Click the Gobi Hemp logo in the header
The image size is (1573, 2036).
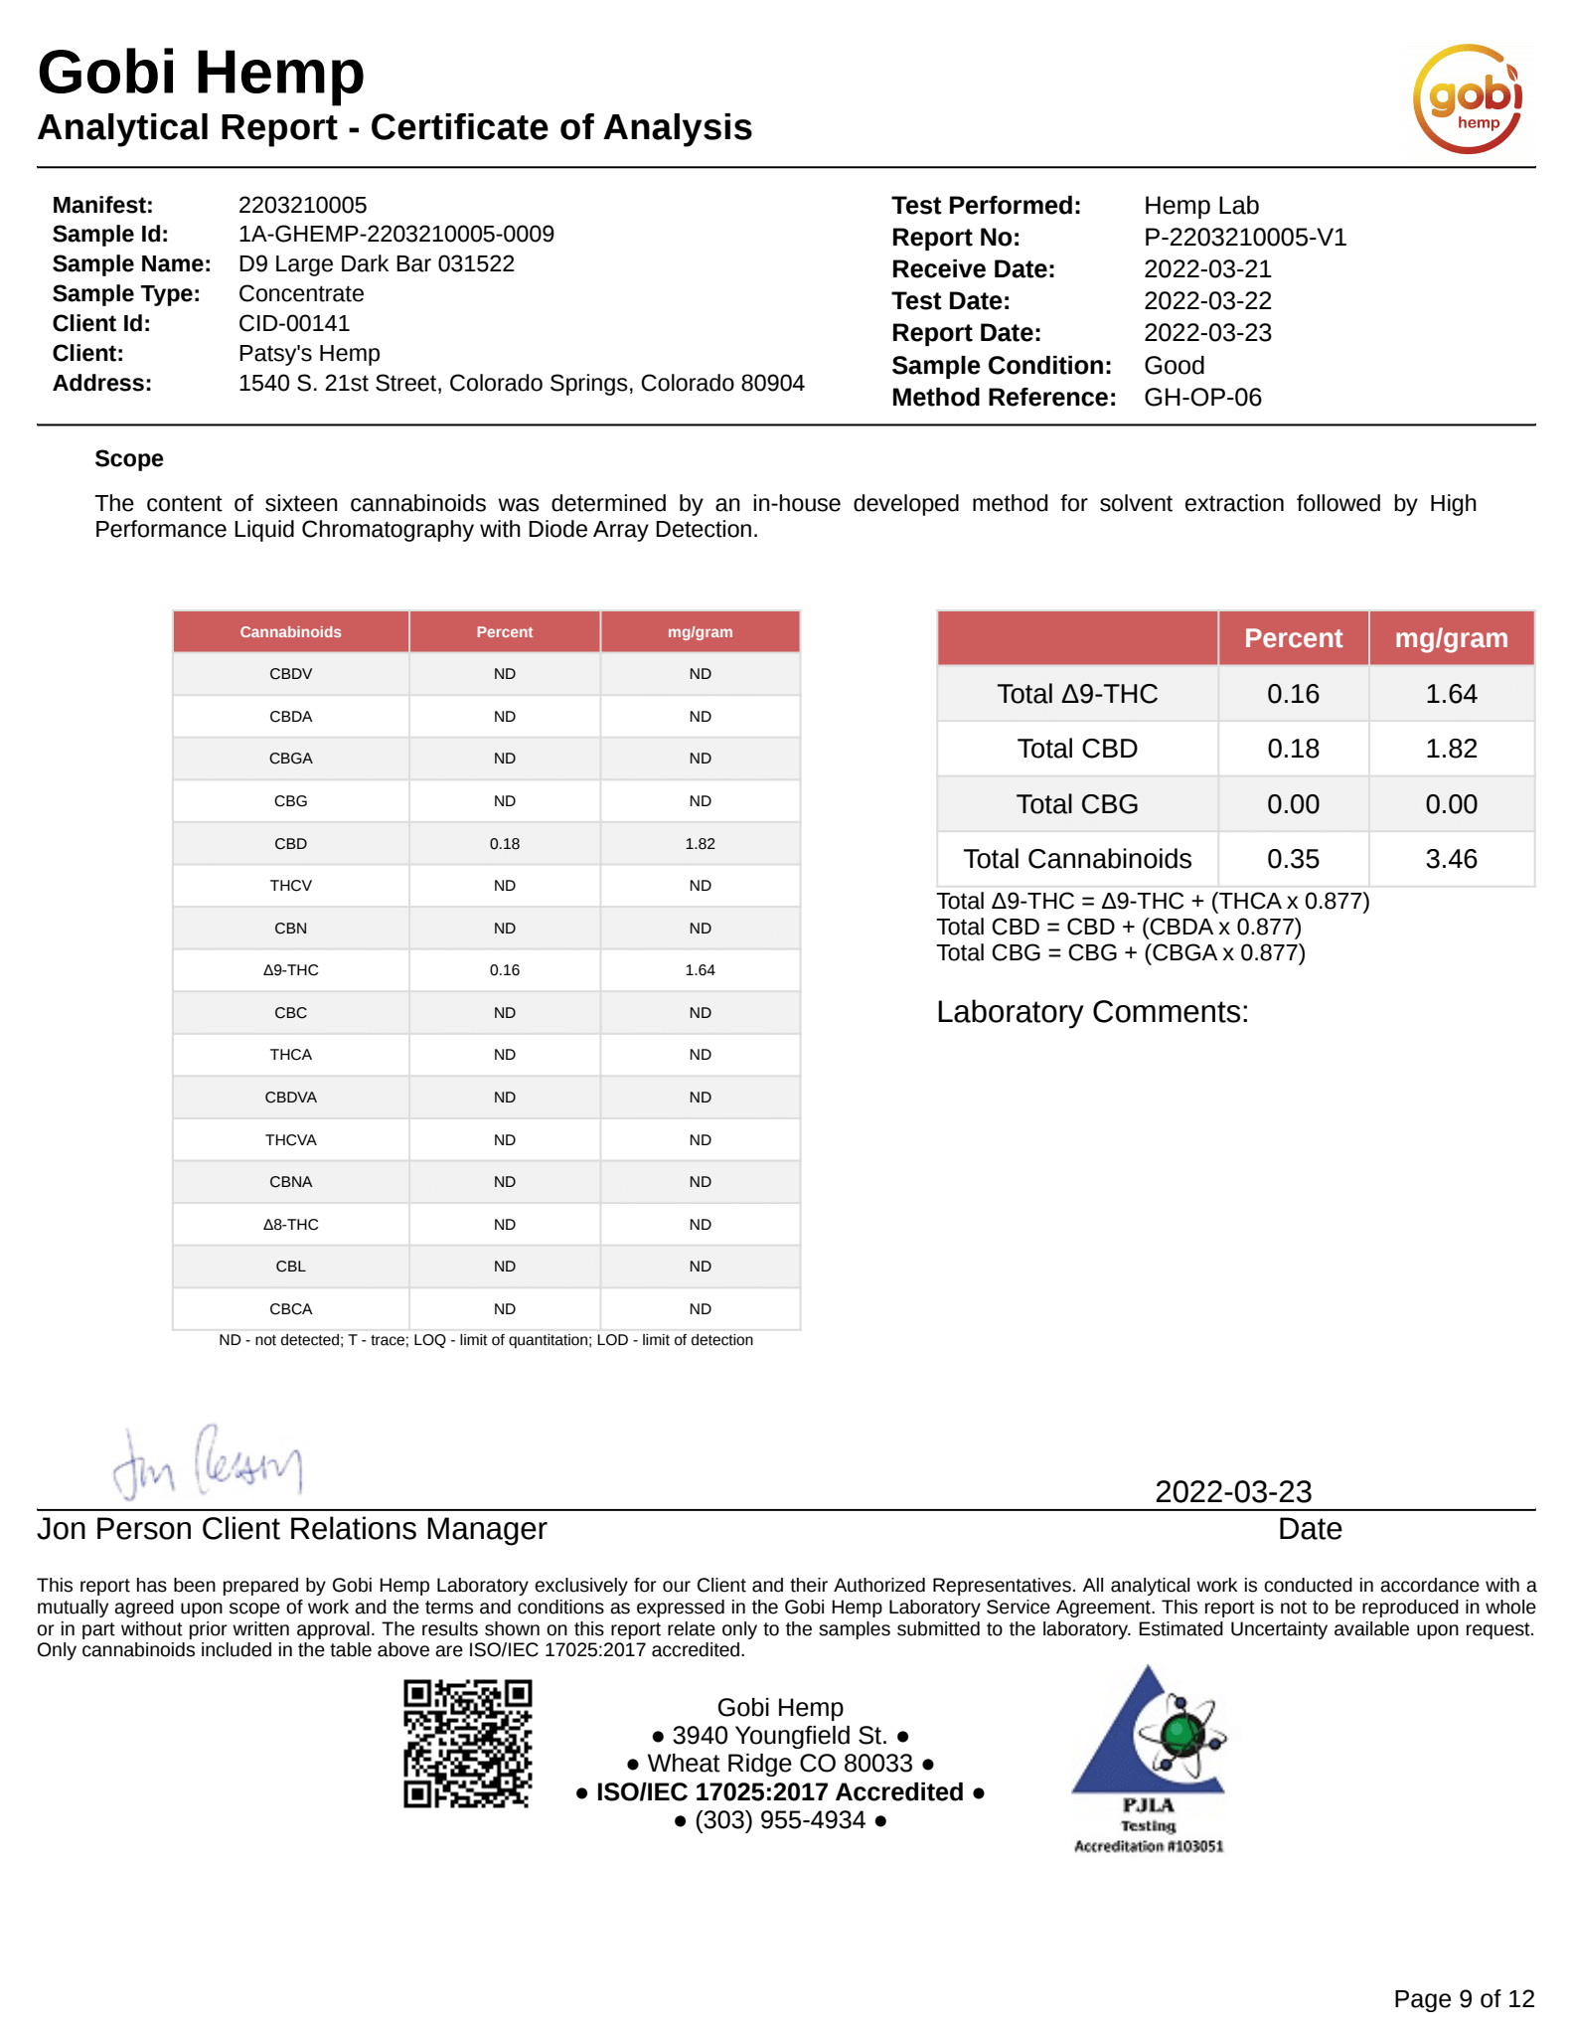pyautogui.click(x=1467, y=98)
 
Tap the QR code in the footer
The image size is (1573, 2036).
pyautogui.click(x=467, y=1744)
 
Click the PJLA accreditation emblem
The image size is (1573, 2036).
pyautogui.click(x=1149, y=1759)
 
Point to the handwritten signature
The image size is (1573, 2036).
pyautogui.click(x=207, y=1462)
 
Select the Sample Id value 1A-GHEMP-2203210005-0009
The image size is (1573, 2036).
pyautogui.click(x=395, y=235)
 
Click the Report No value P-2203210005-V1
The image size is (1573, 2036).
pyautogui.click(x=1244, y=238)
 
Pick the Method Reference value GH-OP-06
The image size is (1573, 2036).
pyautogui.click(x=1202, y=398)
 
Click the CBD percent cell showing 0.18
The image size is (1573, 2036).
pyautogui.click(x=504, y=844)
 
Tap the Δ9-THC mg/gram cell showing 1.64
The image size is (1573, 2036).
pyautogui.click(x=700, y=970)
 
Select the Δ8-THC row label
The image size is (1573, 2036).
pyautogui.click(x=290, y=1225)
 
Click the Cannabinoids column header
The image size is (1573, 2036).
pyautogui.click(x=290, y=632)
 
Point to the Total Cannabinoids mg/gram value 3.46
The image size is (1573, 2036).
pyautogui.click(x=1451, y=859)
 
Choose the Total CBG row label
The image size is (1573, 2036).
pyautogui.click(x=1076, y=804)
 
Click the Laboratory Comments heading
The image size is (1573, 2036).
pyautogui.click(x=1091, y=1012)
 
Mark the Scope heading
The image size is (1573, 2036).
pyautogui.click(x=129, y=459)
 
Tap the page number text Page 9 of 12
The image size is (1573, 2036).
pyautogui.click(x=1463, y=1999)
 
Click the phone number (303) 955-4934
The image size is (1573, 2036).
pyautogui.click(x=780, y=1820)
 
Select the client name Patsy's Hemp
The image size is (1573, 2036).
pyautogui.click(x=309, y=354)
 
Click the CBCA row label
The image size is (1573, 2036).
pyautogui.click(x=290, y=1309)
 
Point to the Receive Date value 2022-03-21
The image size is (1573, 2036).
pyautogui.click(x=1207, y=269)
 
